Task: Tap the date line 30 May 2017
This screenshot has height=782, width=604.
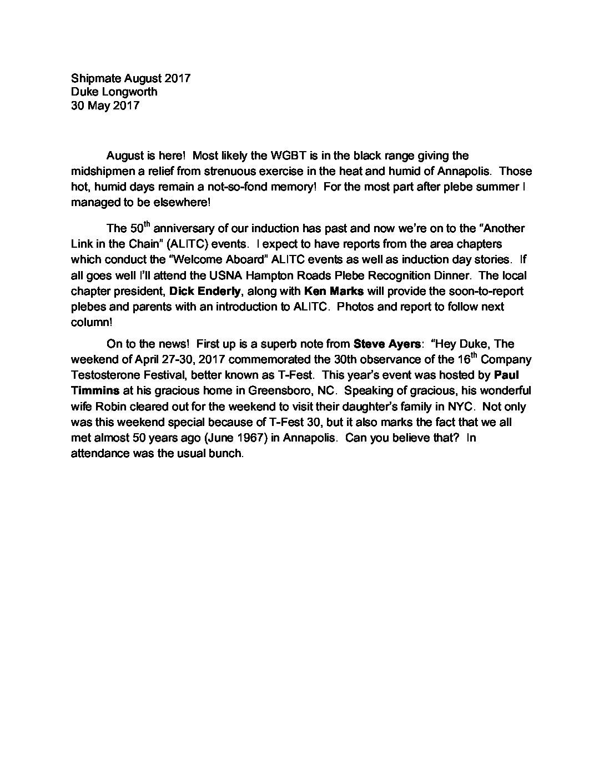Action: pyautogui.click(x=105, y=105)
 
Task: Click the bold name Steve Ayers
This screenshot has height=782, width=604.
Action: pyautogui.click(x=386, y=344)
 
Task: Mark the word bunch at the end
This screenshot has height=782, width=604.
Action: pyautogui.click(x=228, y=453)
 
